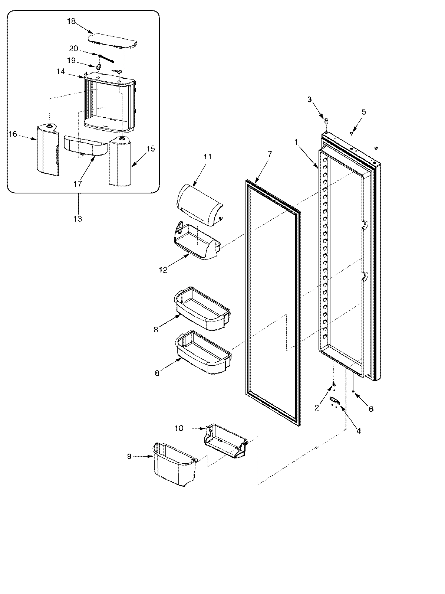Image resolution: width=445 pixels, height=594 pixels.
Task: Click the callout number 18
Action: pos(71,22)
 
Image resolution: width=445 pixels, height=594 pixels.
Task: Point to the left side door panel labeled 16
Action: pos(47,150)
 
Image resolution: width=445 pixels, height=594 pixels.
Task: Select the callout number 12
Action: pos(164,270)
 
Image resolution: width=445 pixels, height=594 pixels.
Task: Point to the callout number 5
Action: pos(364,112)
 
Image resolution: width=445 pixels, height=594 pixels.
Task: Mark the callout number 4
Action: pos(358,431)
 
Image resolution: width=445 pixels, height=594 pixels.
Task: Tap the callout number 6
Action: pos(371,409)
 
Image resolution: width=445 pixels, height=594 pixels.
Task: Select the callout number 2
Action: pos(317,408)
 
